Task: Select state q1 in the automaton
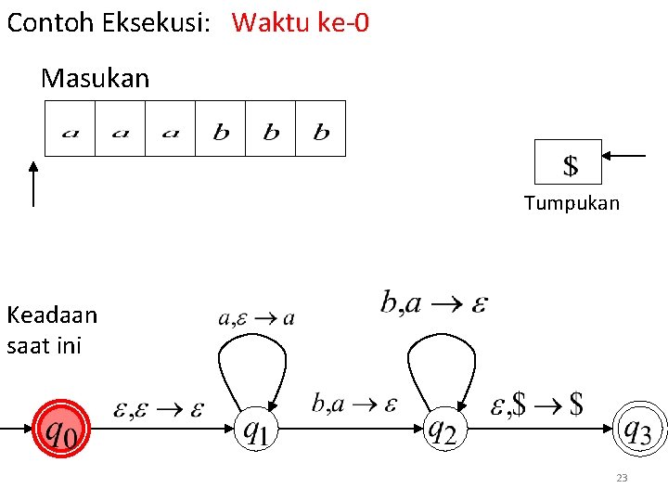255,430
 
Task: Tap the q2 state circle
441,430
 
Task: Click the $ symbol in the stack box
570,165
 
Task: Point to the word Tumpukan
572,203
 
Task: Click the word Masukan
95,79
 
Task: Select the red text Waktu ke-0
301,22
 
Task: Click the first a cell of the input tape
71,129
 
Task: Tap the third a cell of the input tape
170,129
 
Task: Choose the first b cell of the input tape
221,129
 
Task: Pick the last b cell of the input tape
321,129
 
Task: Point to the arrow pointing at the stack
626,156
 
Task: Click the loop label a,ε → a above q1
257,318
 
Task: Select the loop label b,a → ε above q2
434,302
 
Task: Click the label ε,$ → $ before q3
537,404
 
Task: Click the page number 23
622,478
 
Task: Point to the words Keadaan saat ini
51,330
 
